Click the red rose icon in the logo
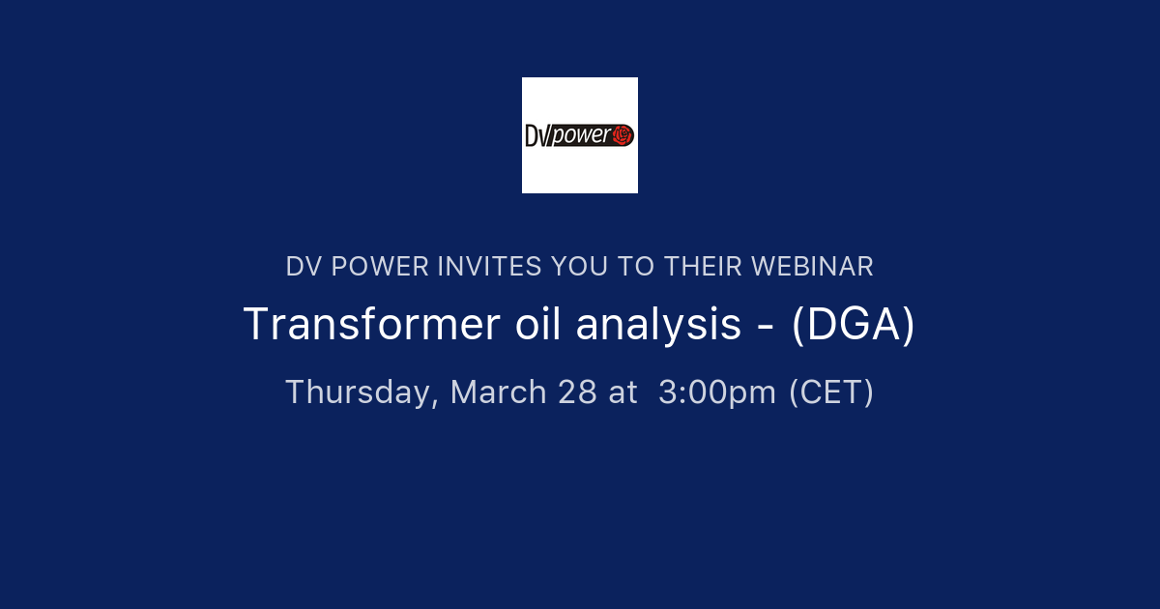tap(623, 135)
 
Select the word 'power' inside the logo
tap(580, 136)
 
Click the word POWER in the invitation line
tap(379, 266)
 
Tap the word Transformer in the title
tap(366, 325)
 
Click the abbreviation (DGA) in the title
tap(853, 325)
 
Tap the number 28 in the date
tap(577, 392)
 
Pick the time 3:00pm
tap(717, 392)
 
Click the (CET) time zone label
tap(831, 392)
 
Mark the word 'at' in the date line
tap(623, 392)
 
